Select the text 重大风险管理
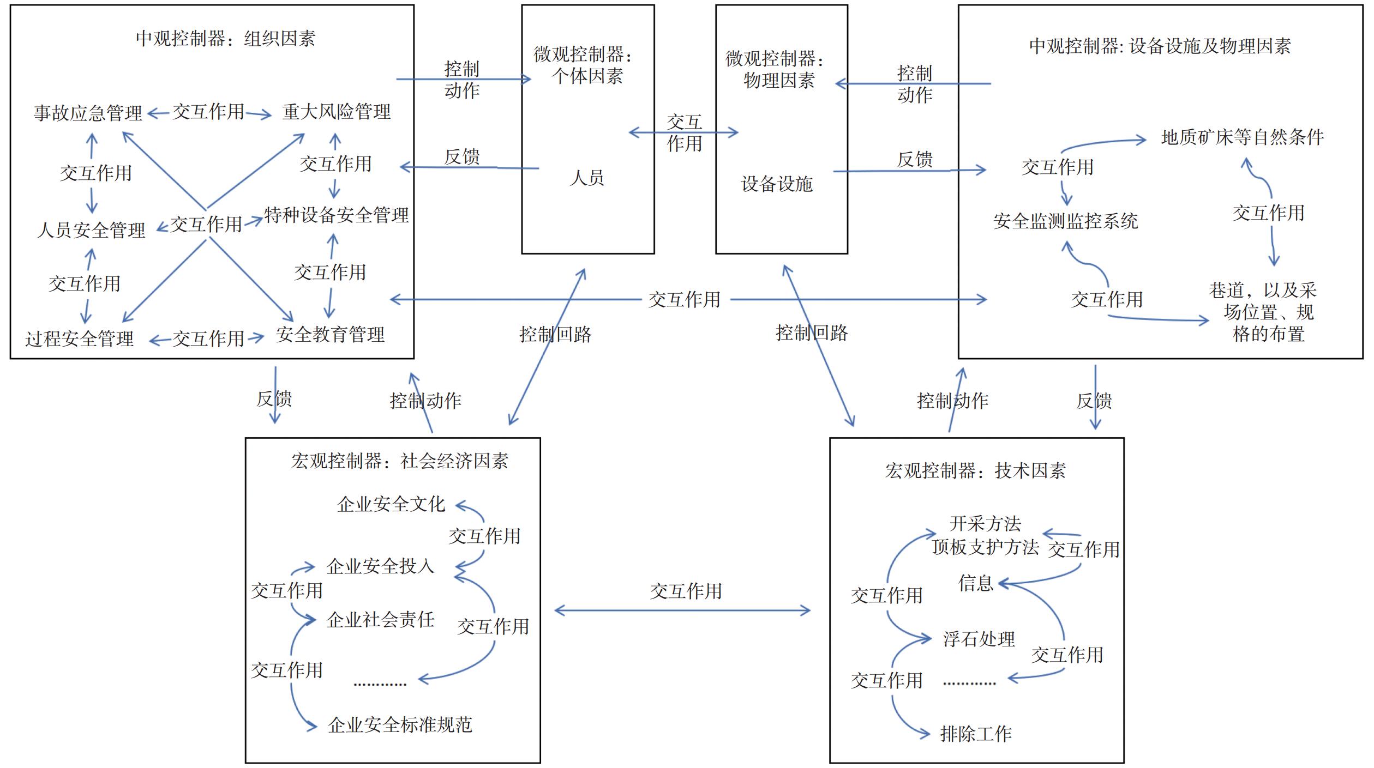click(x=336, y=112)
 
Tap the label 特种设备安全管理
click(x=336, y=215)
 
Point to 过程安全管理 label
click(x=79, y=339)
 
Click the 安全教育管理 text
click(x=330, y=335)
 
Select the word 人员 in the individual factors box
click(x=587, y=178)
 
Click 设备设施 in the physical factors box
click(x=777, y=184)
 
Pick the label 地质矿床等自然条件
click(x=1242, y=137)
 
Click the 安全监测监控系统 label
click(x=1065, y=221)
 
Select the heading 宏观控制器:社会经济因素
click(x=399, y=462)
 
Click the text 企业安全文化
click(x=391, y=505)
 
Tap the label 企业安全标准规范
click(x=400, y=725)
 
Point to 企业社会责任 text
click(x=380, y=620)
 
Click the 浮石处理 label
click(x=979, y=639)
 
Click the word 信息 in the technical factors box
click(x=975, y=584)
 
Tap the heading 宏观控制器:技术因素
click(x=975, y=471)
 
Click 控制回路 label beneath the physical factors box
click(x=812, y=333)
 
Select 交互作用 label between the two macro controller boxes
click(x=686, y=591)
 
